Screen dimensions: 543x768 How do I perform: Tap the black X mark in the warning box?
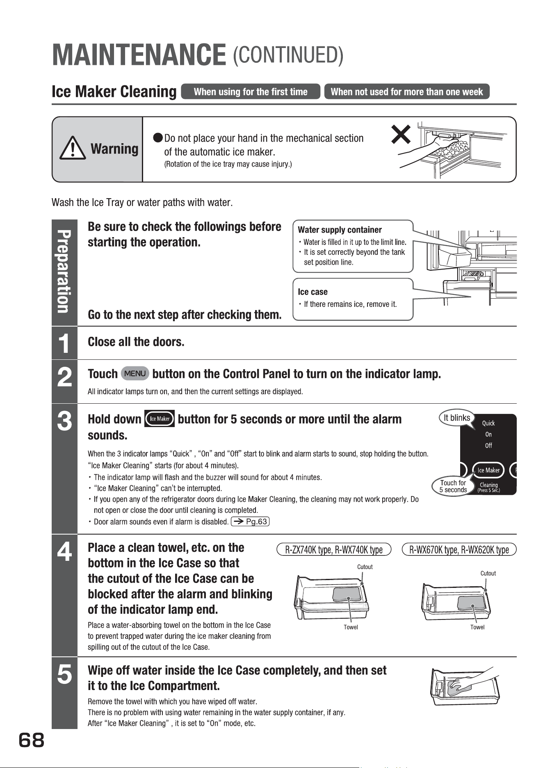(401, 134)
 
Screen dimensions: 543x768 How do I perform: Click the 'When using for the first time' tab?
(250, 91)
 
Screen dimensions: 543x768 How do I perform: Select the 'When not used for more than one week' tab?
(407, 91)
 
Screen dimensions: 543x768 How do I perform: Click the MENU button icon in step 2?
(135, 374)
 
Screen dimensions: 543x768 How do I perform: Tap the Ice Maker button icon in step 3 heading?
(160, 418)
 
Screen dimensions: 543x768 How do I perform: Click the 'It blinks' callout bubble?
(456, 418)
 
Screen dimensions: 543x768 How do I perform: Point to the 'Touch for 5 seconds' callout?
(453, 486)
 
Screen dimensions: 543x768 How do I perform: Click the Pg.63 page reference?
(250, 522)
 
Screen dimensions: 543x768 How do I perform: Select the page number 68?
(31, 741)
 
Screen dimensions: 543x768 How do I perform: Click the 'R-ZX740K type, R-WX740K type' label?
(334, 550)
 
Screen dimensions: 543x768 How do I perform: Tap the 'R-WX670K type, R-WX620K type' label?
(459, 550)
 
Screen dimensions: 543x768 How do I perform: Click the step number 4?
(64, 552)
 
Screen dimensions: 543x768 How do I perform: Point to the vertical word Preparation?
(64, 272)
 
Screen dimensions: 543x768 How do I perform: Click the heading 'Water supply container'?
(340, 230)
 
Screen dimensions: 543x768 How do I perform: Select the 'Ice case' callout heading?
(313, 292)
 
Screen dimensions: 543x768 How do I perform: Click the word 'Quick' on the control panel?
(488, 423)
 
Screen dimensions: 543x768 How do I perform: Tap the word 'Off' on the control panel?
(488, 446)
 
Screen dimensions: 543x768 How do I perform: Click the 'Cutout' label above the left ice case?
(365, 567)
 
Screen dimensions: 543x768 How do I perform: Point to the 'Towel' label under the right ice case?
(477, 627)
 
